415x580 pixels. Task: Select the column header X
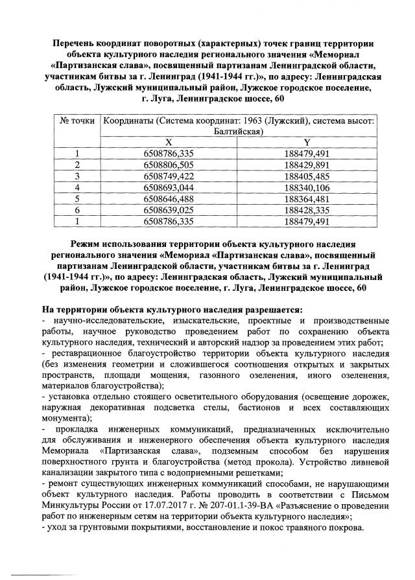[168, 142]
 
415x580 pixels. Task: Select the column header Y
[307, 142]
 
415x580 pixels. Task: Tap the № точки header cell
[77, 121]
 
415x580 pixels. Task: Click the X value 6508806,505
[168, 165]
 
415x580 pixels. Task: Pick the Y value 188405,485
[307, 176]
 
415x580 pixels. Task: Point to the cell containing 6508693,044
[168, 187]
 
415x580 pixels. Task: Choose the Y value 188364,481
[307, 198]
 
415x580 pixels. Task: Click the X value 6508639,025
[168, 210]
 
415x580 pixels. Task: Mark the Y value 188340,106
[307, 187]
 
